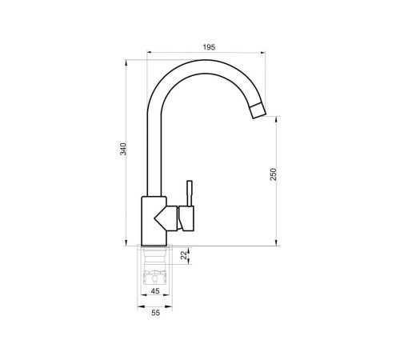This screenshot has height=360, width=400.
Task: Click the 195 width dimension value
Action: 208,48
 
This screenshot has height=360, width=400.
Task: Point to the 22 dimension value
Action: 183,254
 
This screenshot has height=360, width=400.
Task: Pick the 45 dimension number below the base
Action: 155,290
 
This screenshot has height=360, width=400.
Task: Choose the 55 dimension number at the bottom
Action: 155,312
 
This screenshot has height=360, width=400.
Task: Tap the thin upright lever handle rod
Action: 190,192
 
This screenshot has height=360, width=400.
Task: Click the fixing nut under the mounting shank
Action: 155,278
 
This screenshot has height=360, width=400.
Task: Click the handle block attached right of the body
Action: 187,217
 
